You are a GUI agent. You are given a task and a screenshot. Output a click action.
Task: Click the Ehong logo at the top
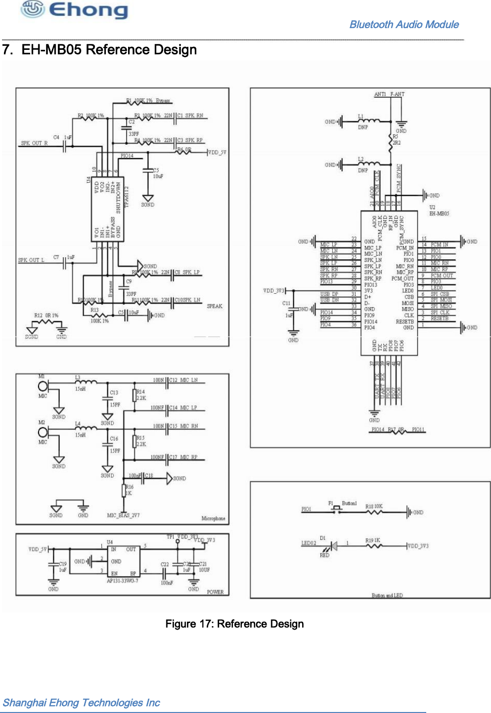tap(74, 10)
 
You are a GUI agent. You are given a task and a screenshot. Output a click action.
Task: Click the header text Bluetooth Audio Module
tap(403, 25)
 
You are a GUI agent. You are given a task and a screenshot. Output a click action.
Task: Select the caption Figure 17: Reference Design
tap(234, 624)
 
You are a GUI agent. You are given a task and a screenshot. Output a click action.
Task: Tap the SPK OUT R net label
tap(34, 143)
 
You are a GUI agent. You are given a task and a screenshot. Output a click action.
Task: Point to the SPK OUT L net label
tap(31, 260)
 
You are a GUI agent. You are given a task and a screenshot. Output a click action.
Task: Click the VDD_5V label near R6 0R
tap(217, 153)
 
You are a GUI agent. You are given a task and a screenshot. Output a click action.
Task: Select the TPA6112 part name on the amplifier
tap(126, 197)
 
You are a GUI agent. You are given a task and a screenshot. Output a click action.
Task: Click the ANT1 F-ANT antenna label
tap(389, 94)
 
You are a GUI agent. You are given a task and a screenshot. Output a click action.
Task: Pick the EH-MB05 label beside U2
tap(439, 214)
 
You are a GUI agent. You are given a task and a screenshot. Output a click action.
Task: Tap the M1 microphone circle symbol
tap(44, 386)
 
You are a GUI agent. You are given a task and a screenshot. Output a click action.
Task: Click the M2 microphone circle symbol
tap(44, 432)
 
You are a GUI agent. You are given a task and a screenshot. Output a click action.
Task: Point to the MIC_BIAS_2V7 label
tap(123, 515)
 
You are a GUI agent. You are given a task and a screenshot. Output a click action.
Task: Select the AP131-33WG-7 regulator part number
tap(123, 581)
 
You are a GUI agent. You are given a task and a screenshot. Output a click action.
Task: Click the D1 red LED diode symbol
tap(334, 546)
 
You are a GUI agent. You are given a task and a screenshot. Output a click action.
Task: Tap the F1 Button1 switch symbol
tap(337, 509)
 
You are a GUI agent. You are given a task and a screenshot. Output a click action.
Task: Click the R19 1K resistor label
tap(373, 540)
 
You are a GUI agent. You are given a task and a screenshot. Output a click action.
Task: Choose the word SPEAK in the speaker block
tap(215, 306)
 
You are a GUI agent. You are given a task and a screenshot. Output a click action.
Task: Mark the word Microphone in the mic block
tap(213, 518)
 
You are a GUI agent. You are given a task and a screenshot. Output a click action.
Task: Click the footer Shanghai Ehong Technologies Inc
tap(82, 703)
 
